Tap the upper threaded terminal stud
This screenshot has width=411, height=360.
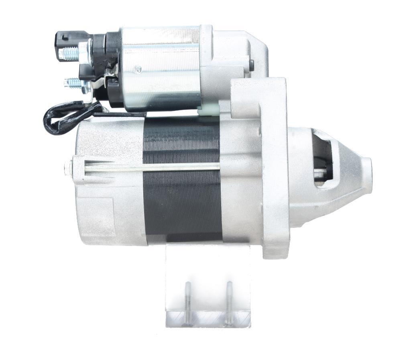(69, 53)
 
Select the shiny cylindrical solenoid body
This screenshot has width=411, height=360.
(161, 68)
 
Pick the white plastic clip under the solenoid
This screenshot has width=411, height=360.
(210, 110)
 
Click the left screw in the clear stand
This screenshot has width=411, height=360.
(187, 303)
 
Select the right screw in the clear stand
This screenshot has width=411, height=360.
(229, 303)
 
